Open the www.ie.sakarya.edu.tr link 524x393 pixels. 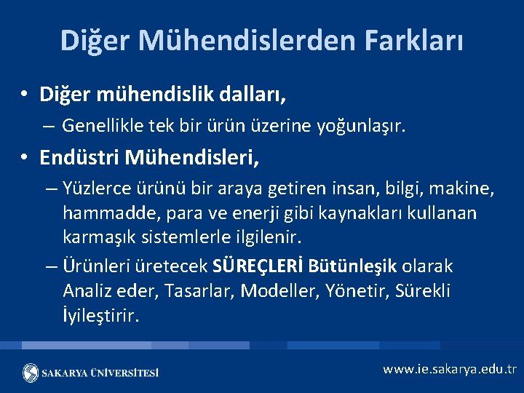449,369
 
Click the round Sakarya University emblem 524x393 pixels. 31,373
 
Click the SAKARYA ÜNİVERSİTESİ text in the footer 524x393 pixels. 100,373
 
